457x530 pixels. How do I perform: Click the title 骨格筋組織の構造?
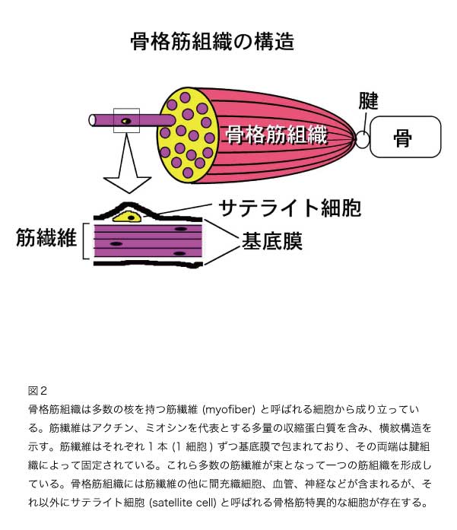(212, 41)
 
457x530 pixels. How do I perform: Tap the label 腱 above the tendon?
(368, 100)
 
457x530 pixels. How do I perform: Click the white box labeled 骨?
(405, 137)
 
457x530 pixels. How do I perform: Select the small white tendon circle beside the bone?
(363, 139)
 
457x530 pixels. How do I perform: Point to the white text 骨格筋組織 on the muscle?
(277, 135)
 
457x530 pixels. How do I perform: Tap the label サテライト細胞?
(290, 208)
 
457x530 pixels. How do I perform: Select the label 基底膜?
(271, 241)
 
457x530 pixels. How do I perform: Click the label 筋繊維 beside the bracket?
(46, 237)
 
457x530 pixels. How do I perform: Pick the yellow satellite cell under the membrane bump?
(127, 216)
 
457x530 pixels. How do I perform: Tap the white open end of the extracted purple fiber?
(92, 120)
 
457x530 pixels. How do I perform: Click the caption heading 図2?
(37, 391)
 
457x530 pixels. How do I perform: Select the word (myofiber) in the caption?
(228, 409)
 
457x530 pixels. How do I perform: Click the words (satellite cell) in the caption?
(182, 503)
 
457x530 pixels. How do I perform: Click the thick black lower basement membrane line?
(148, 264)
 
